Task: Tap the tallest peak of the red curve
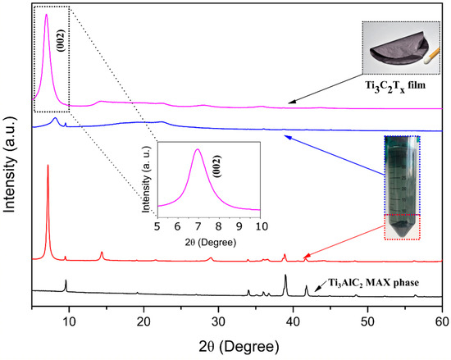coord(48,166)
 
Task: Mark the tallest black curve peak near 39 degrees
coord(285,276)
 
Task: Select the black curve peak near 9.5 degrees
coord(66,280)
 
